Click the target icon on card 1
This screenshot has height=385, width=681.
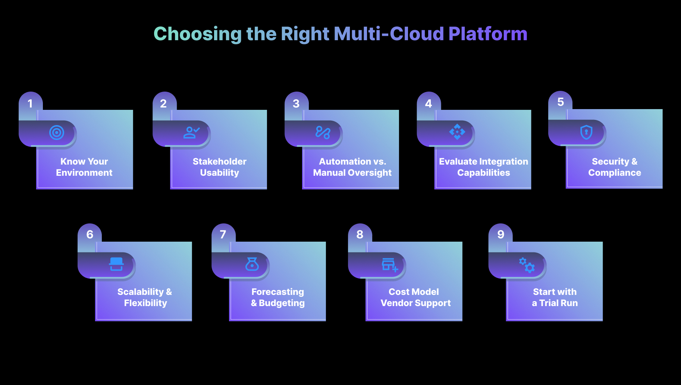57,133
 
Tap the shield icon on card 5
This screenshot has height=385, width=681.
586,132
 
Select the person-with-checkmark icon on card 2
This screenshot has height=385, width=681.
191,133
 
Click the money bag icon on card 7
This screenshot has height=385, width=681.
252,264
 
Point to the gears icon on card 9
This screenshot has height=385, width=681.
527,265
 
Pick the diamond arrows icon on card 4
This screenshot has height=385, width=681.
457,132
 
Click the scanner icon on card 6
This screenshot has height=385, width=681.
116,264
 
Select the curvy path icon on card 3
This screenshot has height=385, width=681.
323,133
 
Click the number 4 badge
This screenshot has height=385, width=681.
429,104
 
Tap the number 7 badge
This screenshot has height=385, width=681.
223,234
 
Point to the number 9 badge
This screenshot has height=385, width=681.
500,234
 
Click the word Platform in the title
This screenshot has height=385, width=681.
488,34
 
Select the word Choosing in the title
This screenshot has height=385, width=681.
198,34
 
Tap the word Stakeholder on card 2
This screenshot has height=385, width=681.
219,162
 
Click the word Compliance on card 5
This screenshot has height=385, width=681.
615,173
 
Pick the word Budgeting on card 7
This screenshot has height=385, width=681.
282,303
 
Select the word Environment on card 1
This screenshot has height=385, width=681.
84,173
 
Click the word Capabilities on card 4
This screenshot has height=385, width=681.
483,173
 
